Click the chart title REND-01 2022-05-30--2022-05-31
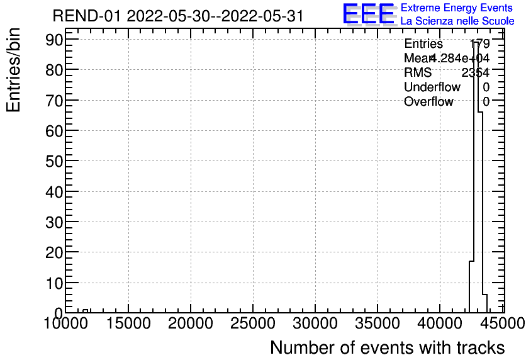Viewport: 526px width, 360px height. click(x=178, y=16)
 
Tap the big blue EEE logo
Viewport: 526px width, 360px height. click(x=369, y=14)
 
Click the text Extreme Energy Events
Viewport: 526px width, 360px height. click(x=456, y=8)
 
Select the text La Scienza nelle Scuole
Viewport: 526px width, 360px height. click(x=457, y=21)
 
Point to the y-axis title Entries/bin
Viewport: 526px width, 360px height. click(x=14, y=70)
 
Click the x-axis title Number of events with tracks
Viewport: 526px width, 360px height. click(x=387, y=347)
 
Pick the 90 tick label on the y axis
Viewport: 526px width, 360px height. click(x=53, y=39)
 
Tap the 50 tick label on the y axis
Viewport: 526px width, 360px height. click(x=53, y=161)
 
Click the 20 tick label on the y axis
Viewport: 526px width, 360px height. click(x=53, y=252)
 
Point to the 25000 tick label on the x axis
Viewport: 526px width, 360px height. click(x=252, y=324)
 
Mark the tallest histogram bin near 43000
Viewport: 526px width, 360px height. click(x=476, y=176)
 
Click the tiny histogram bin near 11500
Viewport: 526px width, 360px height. click(x=86, y=311)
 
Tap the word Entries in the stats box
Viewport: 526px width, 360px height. click(x=423, y=44)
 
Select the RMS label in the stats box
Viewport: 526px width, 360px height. click(x=418, y=73)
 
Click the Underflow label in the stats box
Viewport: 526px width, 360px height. click(x=432, y=87)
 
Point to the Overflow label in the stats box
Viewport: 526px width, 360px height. click(x=428, y=102)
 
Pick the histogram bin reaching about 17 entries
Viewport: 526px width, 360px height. click(x=471, y=287)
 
